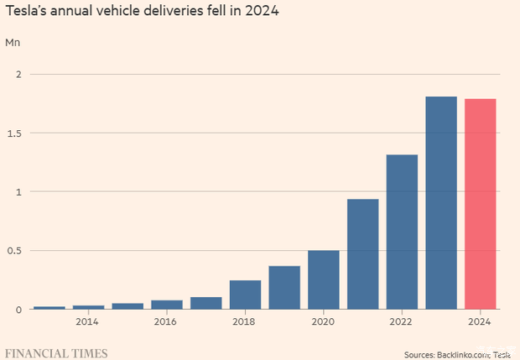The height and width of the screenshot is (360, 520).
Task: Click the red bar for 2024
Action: pos(481,204)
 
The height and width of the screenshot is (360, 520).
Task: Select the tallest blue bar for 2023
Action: pos(441,202)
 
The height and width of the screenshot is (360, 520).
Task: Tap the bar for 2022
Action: pos(402,232)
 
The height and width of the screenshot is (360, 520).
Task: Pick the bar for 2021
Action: pos(362,253)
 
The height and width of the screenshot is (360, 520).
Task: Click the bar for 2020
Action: pos(323,279)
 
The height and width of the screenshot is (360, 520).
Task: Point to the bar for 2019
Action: pos(284,287)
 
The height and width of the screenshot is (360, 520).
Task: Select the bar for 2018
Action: pos(245,295)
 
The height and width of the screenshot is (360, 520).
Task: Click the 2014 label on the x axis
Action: pos(87,321)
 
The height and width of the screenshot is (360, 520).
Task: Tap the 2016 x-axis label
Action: pos(166,321)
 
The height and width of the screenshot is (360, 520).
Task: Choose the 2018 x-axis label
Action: pos(244,321)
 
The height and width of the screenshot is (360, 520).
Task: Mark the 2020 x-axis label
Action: pos(323,321)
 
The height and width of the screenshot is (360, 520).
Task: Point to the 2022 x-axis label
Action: pos(402,321)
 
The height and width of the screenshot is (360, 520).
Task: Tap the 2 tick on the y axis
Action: pos(17,74)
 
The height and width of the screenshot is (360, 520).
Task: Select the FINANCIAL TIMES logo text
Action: pos(56,352)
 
